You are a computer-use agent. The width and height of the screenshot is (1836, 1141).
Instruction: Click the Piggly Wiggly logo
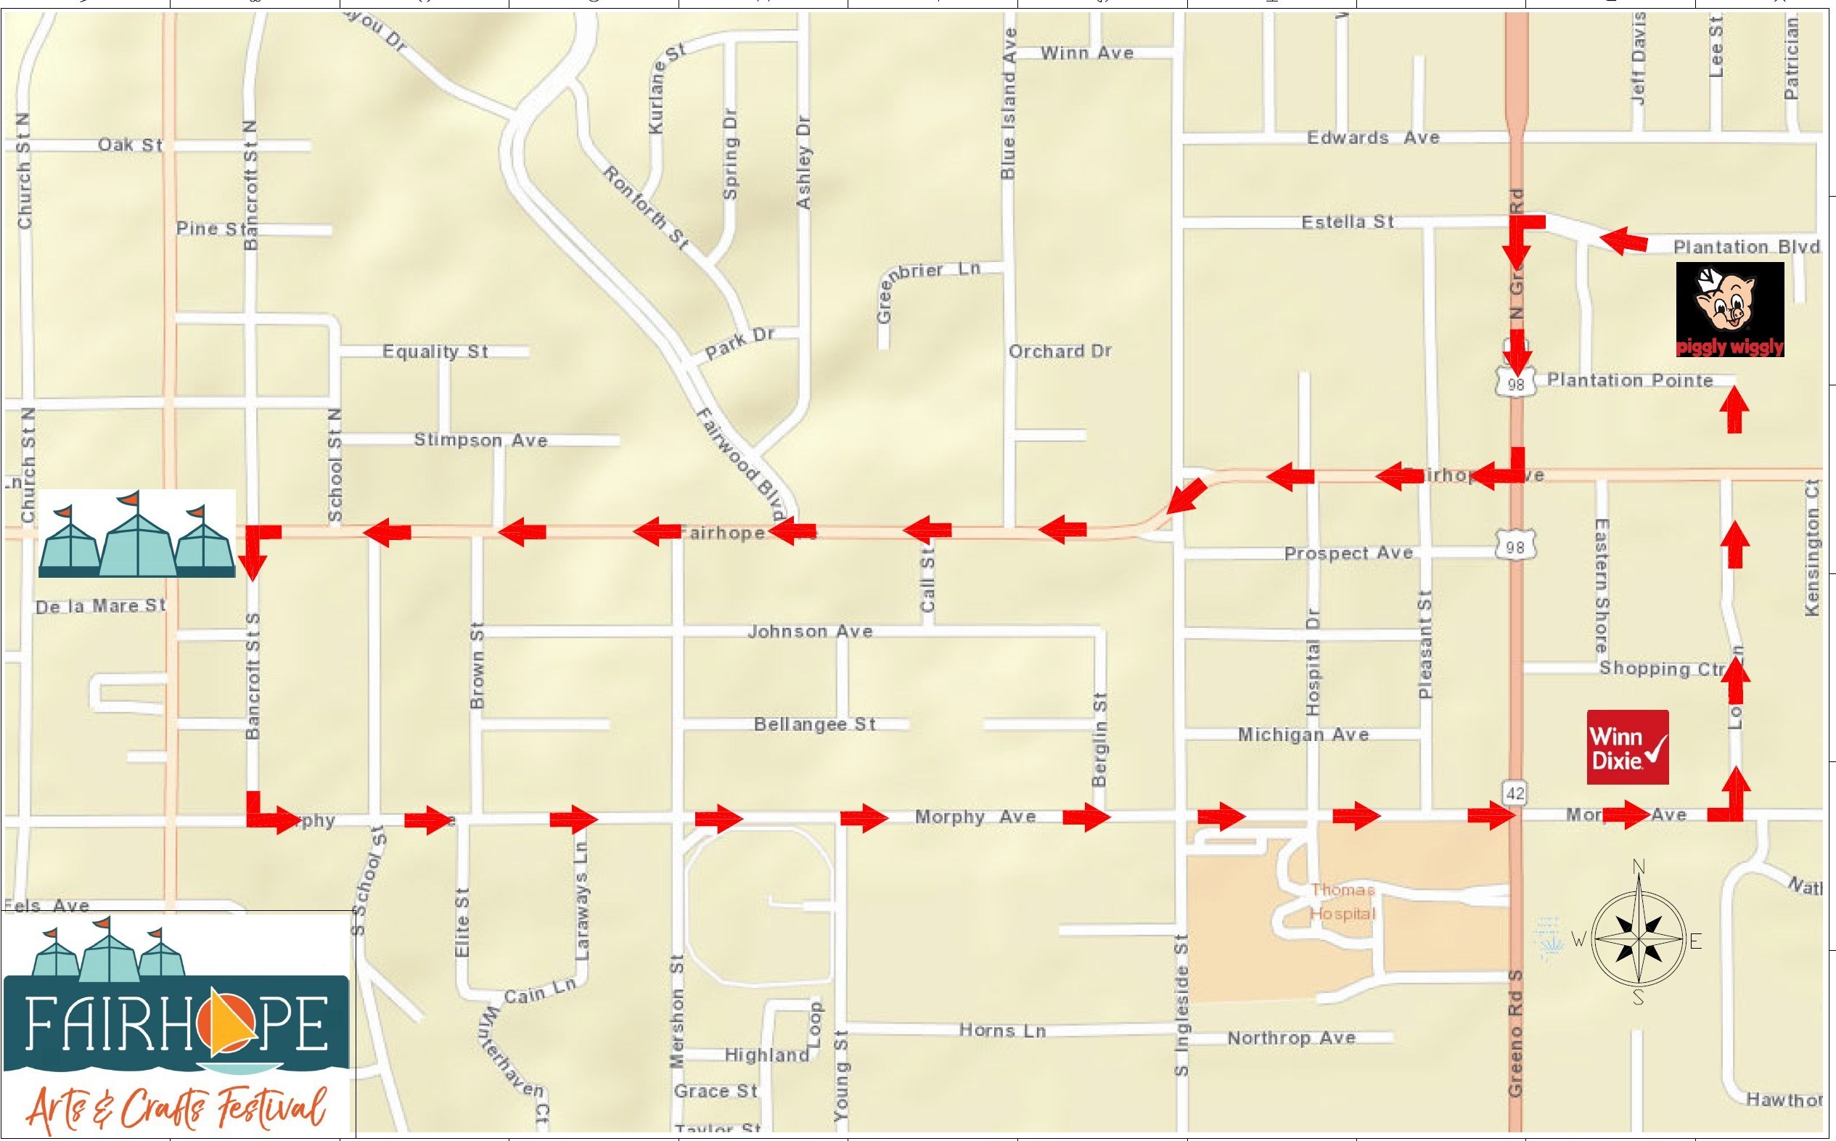click(1729, 309)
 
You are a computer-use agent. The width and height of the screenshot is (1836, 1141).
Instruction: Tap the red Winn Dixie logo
click(1628, 747)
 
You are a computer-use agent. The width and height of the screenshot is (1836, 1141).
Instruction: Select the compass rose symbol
click(1639, 941)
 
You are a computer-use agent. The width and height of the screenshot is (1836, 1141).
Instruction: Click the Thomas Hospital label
click(1343, 901)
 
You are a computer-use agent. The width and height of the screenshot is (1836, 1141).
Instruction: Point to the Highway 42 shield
click(1515, 793)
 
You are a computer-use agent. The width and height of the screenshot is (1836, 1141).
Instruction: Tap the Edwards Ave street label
click(1373, 138)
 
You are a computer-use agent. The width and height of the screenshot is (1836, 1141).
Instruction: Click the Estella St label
click(1347, 222)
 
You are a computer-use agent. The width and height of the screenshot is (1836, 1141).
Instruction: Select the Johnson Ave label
click(810, 631)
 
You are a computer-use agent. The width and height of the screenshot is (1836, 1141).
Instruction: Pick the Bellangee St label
click(815, 724)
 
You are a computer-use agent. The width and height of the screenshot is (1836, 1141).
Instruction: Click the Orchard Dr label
click(1060, 351)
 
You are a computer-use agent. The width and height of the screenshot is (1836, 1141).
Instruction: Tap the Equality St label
click(435, 351)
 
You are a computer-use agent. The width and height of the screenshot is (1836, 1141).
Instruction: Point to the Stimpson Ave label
click(480, 440)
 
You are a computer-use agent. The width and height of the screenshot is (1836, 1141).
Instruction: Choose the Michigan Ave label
click(1303, 735)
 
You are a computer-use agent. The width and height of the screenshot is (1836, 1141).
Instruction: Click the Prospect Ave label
click(1348, 553)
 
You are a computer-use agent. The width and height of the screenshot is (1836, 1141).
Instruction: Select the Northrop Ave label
click(1292, 1039)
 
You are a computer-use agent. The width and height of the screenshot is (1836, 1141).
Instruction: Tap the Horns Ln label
click(1002, 1031)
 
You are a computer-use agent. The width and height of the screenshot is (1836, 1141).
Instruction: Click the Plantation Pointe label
click(1630, 380)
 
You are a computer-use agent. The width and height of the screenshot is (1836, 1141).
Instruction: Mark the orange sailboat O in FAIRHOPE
click(217, 1023)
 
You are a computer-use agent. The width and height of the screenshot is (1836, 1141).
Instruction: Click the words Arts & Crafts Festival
click(177, 1107)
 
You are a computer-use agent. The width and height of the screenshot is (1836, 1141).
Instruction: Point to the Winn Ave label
click(1086, 53)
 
